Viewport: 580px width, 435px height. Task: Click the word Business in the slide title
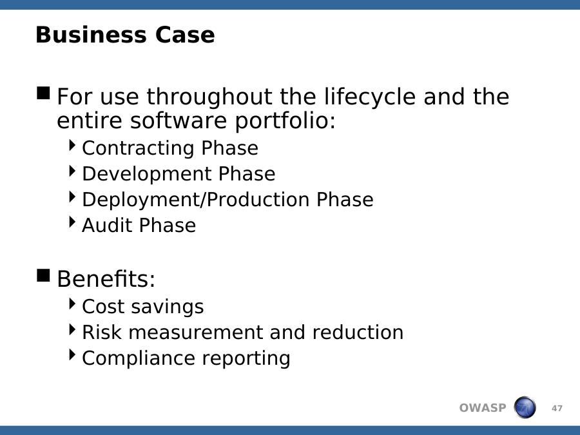click(x=91, y=35)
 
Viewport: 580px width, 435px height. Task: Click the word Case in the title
click(x=184, y=35)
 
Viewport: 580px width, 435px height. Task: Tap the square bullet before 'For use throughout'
click(x=43, y=93)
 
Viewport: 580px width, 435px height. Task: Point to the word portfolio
click(x=285, y=121)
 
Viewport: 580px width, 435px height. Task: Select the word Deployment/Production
click(x=195, y=200)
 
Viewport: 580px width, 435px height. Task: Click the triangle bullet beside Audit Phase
click(x=72, y=222)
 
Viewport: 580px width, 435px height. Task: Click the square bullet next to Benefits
click(x=43, y=275)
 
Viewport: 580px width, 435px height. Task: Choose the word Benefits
click(x=106, y=278)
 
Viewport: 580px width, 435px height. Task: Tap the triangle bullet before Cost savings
click(x=72, y=304)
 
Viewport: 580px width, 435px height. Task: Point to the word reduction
click(x=358, y=332)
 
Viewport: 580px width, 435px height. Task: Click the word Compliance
click(x=138, y=358)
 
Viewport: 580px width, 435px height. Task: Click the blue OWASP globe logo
click(x=525, y=407)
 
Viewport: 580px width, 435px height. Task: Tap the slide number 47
click(x=557, y=409)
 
